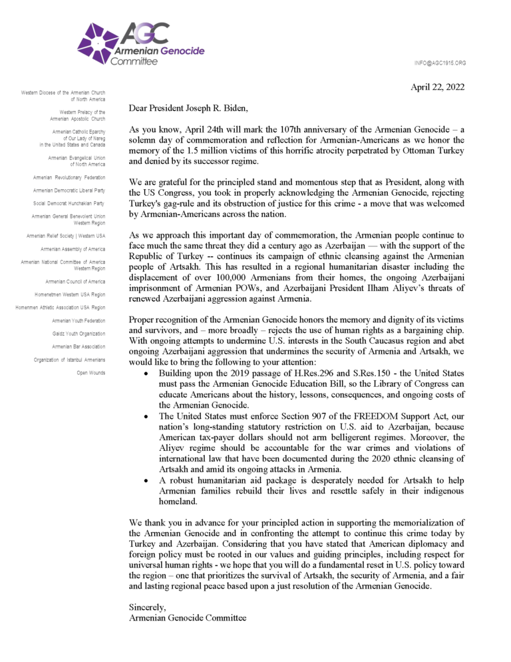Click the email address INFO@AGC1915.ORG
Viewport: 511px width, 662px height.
[x=439, y=63]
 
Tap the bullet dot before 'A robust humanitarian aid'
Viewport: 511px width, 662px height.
[x=146, y=479]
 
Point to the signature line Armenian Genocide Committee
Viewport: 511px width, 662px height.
[x=188, y=618]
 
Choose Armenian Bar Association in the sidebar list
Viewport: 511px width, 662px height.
[x=79, y=347]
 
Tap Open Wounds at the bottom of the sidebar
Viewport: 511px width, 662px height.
[x=91, y=372]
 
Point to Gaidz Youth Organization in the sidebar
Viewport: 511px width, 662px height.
[x=79, y=334]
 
